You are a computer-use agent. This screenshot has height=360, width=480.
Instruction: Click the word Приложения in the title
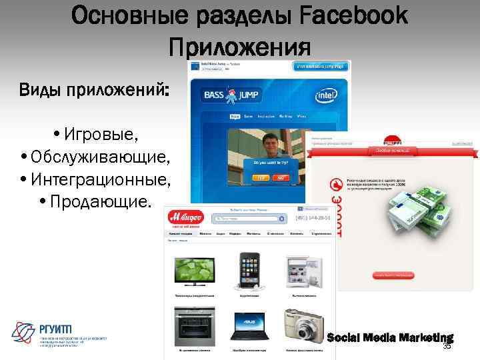[240, 47]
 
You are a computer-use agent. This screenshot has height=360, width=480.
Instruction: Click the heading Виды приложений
[93, 90]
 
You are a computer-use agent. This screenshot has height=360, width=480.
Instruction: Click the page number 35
[447, 347]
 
